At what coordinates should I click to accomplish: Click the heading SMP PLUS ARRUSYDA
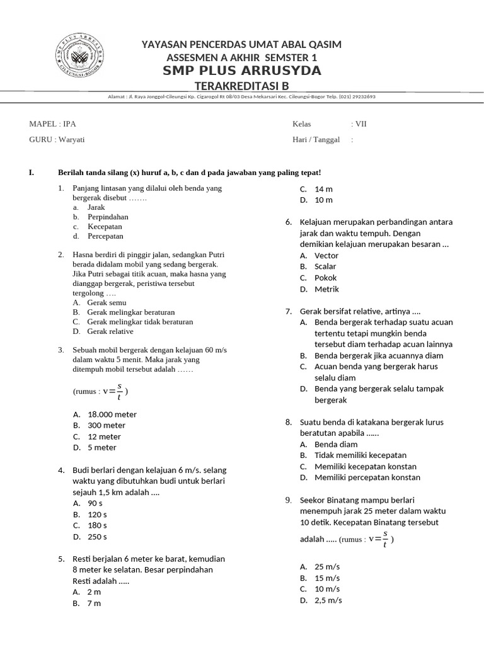point(242,71)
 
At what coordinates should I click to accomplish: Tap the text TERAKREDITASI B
point(242,85)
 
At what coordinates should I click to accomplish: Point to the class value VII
point(361,123)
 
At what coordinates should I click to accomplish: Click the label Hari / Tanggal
point(316,139)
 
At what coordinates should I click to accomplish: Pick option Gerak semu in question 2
point(107,302)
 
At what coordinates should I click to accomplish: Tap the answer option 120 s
point(97,515)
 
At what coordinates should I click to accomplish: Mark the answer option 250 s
point(97,537)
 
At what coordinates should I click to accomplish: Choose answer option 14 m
point(323,189)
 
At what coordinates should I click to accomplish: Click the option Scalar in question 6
point(325,266)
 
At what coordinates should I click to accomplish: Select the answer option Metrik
point(326,289)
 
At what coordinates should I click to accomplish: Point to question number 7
point(288,311)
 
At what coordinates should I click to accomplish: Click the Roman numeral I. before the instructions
point(32,173)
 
